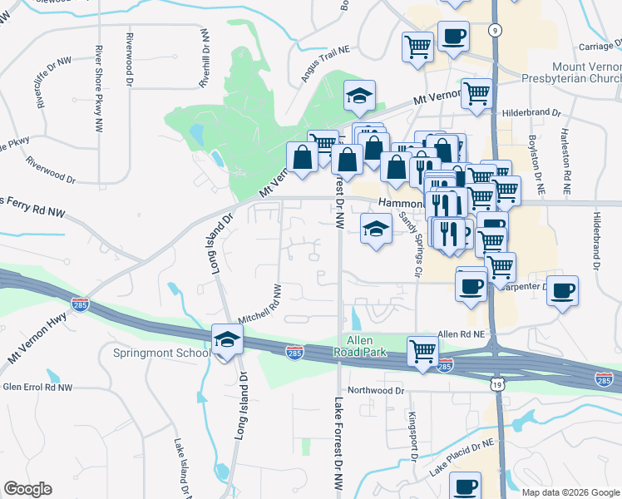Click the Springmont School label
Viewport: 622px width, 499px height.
[161, 353]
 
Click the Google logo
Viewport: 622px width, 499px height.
[28, 489]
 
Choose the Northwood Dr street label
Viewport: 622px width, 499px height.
[376, 389]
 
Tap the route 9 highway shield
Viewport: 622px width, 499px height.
[495, 30]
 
